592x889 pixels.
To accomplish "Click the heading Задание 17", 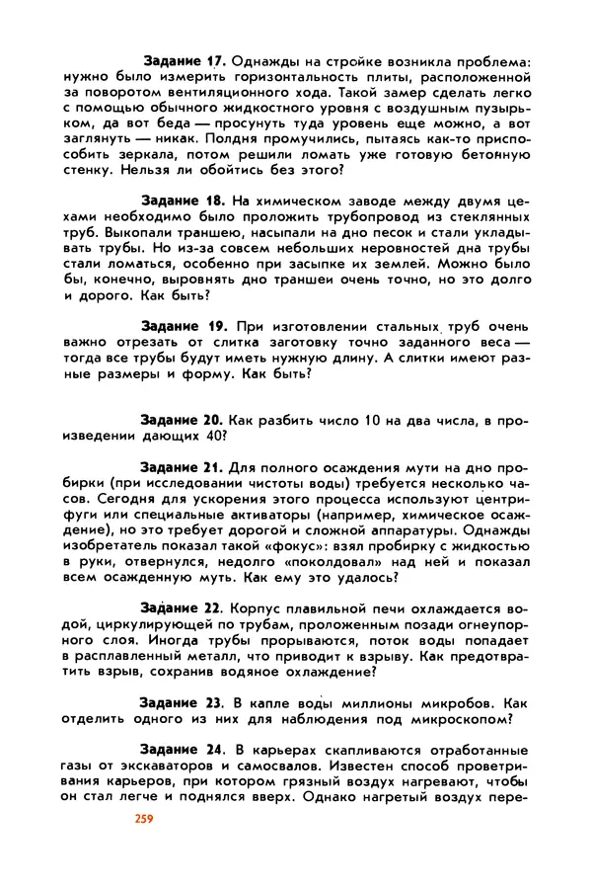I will pos(185,60).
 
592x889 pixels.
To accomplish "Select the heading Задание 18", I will pos(185,201).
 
